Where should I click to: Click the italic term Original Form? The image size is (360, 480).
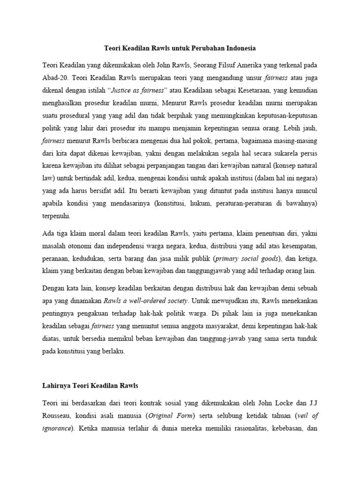click(x=171, y=415)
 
